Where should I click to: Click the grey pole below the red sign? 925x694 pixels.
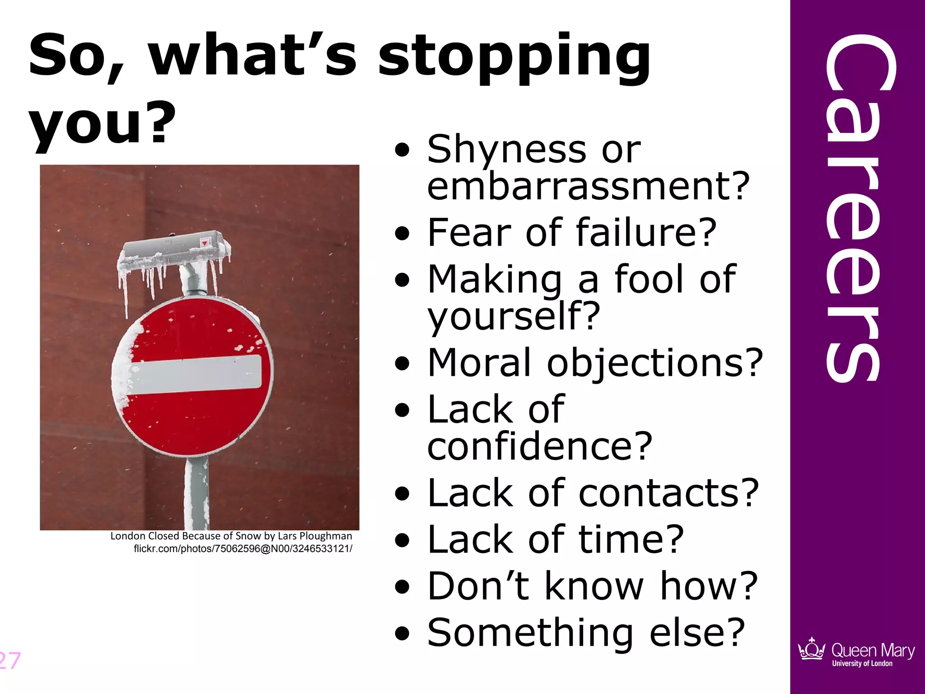pos(196,492)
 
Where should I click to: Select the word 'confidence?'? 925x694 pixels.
pos(540,446)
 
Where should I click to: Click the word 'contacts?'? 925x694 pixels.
pos(668,493)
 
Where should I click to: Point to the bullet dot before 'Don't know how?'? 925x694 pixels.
pos(402,587)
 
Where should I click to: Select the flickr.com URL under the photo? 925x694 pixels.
pos(243,549)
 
